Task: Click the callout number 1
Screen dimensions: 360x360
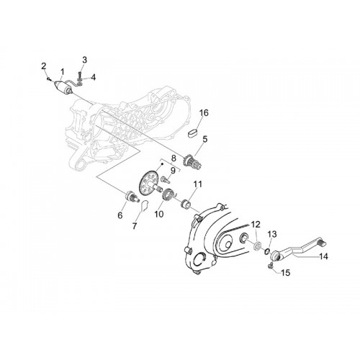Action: pyautogui.click(x=62, y=71)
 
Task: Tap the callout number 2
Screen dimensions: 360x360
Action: pyautogui.click(x=44, y=66)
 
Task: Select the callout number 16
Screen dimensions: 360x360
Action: pyautogui.click(x=203, y=113)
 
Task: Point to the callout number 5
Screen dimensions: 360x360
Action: pyautogui.click(x=204, y=139)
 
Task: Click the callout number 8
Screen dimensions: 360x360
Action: pyautogui.click(x=174, y=158)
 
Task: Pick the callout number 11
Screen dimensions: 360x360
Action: pyautogui.click(x=198, y=184)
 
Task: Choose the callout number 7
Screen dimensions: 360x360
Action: pyautogui.click(x=135, y=226)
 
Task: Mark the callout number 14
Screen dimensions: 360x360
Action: pyautogui.click(x=323, y=256)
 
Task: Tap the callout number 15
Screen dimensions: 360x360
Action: pyautogui.click(x=285, y=273)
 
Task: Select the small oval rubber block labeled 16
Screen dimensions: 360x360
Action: pyautogui.click(x=193, y=134)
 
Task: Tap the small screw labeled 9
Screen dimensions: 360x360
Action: pyautogui.click(x=165, y=179)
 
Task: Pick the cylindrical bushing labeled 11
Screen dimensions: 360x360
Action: pyautogui.click(x=186, y=203)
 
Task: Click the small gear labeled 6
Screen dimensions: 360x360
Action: pyautogui.click(x=132, y=196)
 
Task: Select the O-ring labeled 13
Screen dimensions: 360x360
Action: pyautogui.click(x=266, y=251)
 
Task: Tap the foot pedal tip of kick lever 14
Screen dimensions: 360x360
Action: pyautogui.click(x=321, y=243)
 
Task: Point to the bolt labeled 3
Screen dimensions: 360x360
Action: pyautogui.click(x=80, y=76)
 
